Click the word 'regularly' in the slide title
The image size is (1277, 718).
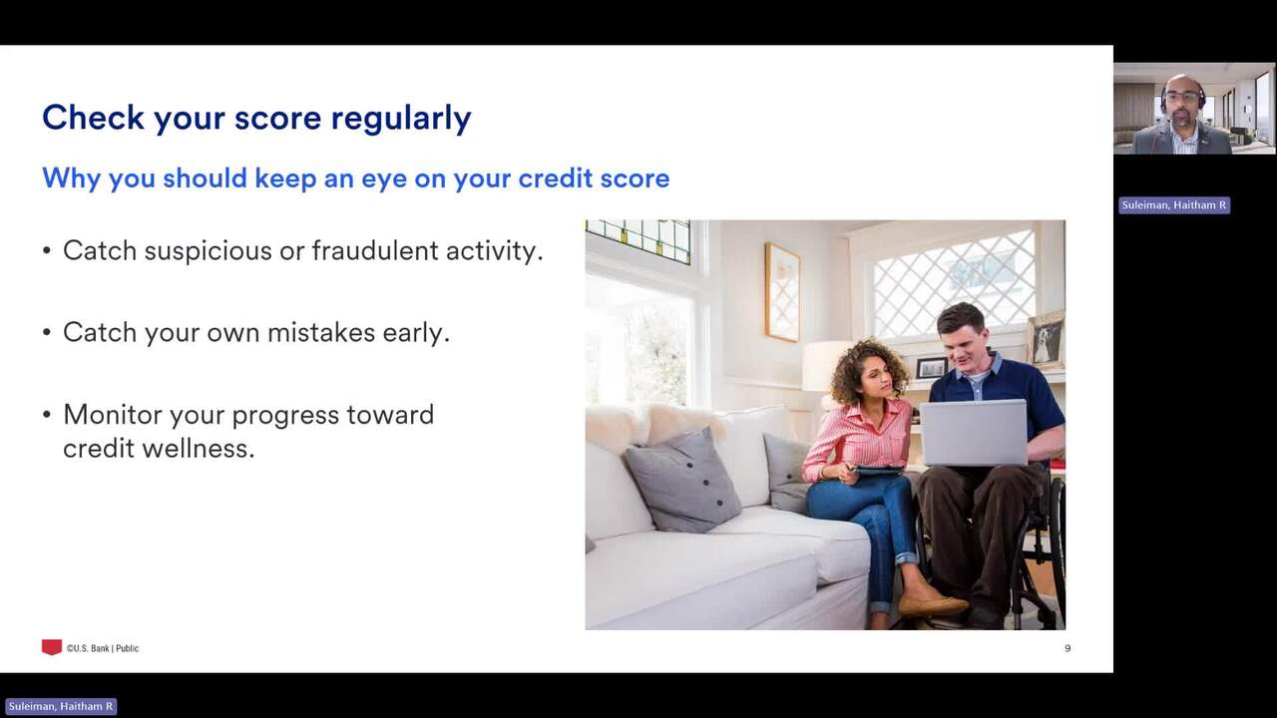click(x=401, y=119)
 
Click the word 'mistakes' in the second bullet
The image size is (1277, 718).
click(x=321, y=332)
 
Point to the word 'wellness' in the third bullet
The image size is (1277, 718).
click(x=198, y=448)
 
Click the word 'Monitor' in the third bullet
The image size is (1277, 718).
click(x=113, y=414)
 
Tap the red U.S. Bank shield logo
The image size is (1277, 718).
click(x=51, y=647)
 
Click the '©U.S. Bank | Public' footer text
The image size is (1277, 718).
click(x=103, y=648)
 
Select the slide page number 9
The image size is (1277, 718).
click(x=1067, y=648)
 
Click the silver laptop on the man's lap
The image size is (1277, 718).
click(x=973, y=433)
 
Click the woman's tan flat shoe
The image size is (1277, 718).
click(x=933, y=604)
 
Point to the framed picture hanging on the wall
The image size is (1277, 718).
click(x=782, y=292)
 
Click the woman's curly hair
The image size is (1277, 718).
click(x=868, y=369)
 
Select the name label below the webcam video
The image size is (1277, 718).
click(x=1174, y=205)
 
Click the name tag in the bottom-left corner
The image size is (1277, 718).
click(x=61, y=707)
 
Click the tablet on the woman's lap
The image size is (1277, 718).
click(x=879, y=470)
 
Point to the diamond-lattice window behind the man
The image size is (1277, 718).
click(x=953, y=283)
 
